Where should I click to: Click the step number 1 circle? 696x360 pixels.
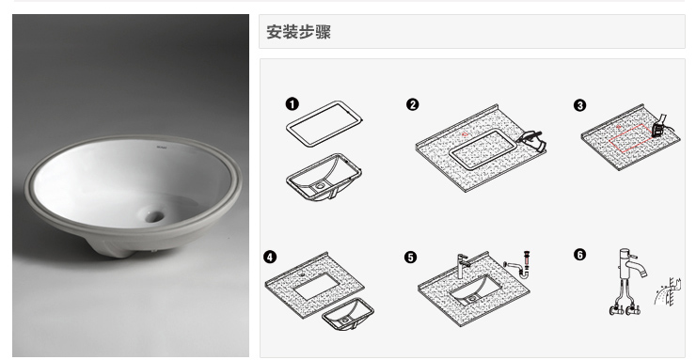click(292, 104)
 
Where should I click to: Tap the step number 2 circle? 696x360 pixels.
click(412, 104)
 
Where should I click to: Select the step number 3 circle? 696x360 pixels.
click(579, 105)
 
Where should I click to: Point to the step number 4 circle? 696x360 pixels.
click(269, 257)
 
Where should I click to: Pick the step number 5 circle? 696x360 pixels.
click(411, 258)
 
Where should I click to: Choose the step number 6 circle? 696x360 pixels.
click(579, 255)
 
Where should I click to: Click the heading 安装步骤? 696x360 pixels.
click(299, 32)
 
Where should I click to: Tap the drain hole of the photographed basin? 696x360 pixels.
click(154, 216)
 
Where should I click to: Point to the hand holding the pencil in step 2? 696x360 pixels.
click(532, 140)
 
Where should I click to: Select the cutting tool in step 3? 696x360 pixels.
click(659, 125)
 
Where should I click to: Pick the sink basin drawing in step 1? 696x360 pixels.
click(324, 178)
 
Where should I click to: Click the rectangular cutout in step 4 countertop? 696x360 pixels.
click(316, 285)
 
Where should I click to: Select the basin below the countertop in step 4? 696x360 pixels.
click(348, 314)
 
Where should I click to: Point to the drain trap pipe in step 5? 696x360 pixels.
click(519, 266)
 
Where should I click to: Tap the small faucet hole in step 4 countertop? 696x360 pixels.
click(302, 274)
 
